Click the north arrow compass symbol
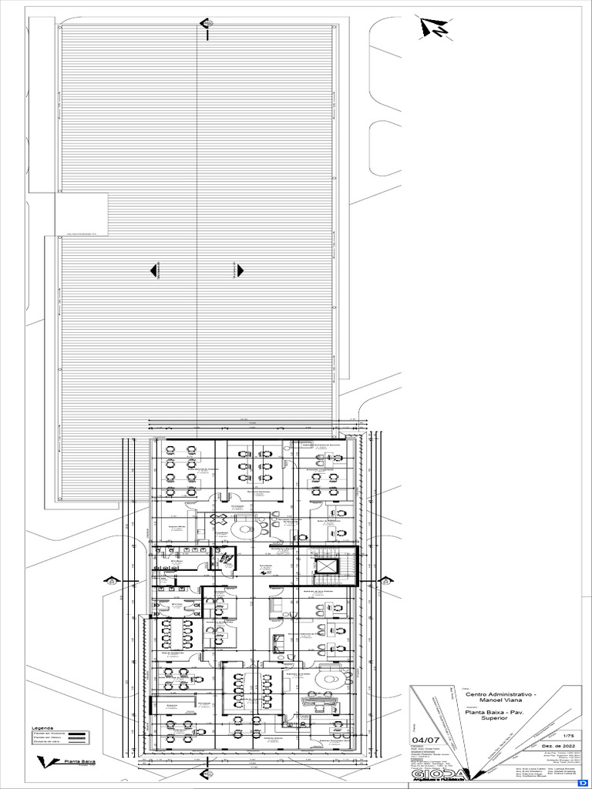(435, 29)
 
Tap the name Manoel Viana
(501, 701)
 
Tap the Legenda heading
(42, 727)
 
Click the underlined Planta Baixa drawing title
(79, 761)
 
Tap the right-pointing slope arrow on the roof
(239, 270)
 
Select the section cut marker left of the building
(112, 581)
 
